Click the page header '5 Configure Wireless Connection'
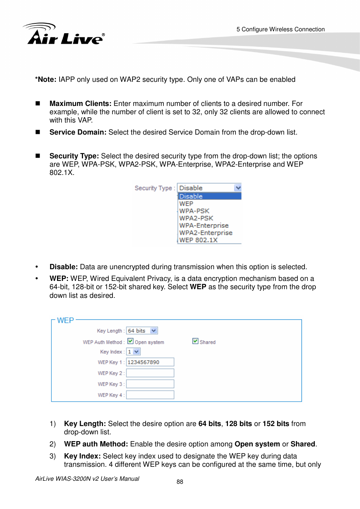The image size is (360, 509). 280,29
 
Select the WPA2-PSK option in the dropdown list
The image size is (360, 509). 196,218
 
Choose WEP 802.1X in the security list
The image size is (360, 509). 198,240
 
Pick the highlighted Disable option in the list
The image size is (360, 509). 209,196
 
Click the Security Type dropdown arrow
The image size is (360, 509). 238,188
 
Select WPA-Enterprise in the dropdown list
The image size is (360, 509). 204,225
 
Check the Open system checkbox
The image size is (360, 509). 131,341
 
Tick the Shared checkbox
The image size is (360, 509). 195,341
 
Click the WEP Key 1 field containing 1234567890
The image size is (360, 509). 150,362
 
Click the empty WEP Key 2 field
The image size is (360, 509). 150,373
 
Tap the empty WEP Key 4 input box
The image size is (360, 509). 150,395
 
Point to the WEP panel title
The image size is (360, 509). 65,320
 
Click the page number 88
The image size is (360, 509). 180,482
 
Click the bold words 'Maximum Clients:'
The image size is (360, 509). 80,104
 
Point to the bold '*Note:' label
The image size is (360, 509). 46,80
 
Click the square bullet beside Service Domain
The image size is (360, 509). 38,132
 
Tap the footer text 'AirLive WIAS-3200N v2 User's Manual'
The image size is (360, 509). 87,479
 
